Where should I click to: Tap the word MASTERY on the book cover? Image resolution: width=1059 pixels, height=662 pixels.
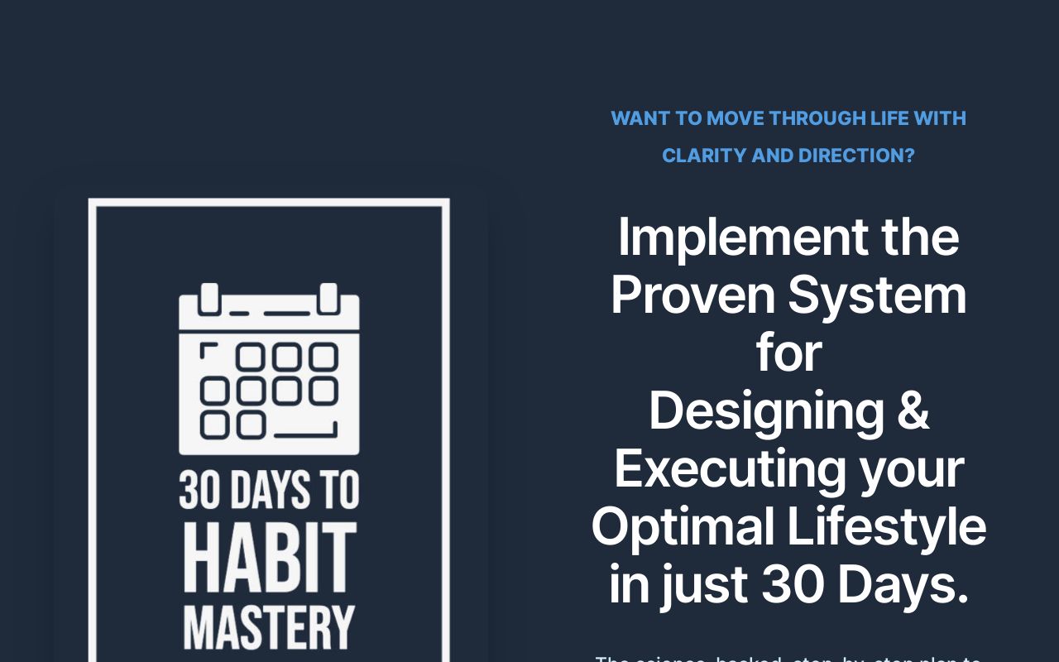tap(269, 628)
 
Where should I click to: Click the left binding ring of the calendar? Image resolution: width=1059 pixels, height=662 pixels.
tap(209, 298)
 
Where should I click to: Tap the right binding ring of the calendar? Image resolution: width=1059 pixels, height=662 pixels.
tap(329, 298)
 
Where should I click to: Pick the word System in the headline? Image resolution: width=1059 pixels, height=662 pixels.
tap(877, 295)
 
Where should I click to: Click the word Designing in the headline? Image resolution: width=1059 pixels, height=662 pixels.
tap(766, 410)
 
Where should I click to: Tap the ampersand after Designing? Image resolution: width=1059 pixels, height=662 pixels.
tap(913, 410)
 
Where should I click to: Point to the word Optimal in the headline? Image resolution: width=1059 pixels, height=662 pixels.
tap(683, 526)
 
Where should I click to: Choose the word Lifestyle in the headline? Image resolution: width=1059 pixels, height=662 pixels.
tap(886, 526)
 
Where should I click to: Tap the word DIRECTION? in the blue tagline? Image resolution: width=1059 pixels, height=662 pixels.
tap(855, 156)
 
